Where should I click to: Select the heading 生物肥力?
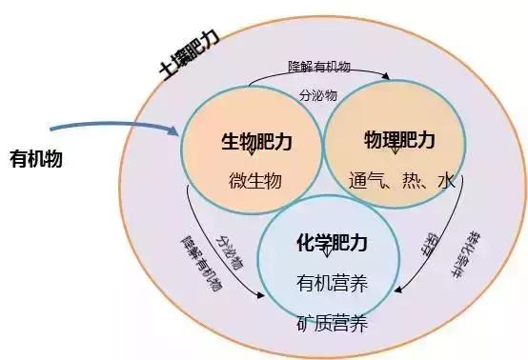(x=251, y=141)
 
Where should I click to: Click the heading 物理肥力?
(x=399, y=141)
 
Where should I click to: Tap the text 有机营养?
(x=332, y=283)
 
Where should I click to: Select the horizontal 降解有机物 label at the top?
(x=320, y=68)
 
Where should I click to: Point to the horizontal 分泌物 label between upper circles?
(x=318, y=95)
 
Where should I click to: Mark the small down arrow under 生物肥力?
(x=250, y=154)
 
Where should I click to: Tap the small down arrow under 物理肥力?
(x=396, y=152)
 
